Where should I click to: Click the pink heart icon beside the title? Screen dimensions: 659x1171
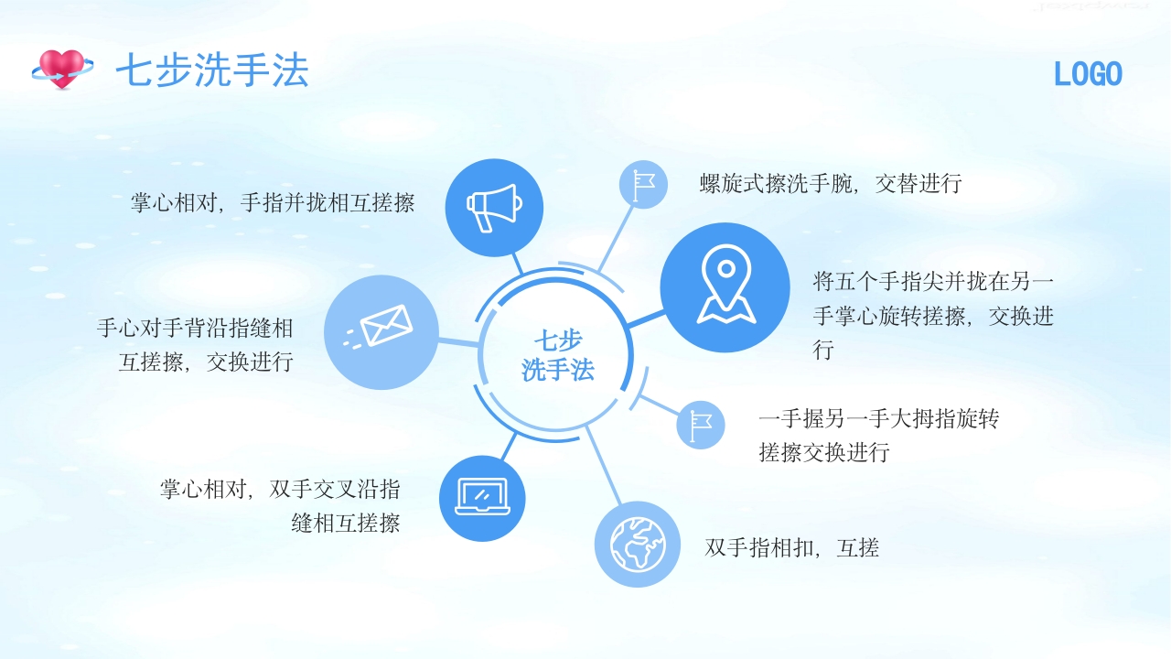[x=62, y=69]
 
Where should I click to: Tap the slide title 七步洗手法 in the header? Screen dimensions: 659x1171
[x=211, y=70]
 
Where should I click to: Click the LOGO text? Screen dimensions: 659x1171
[x=1088, y=74]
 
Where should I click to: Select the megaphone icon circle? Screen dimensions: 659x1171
[x=494, y=208]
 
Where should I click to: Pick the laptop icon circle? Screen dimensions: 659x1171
[x=482, y=498]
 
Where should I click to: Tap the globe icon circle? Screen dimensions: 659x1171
[x=638, y=544]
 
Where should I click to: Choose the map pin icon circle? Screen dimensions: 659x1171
[x=725, y=287]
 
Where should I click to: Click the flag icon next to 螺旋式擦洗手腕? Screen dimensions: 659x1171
[x=644, y=184]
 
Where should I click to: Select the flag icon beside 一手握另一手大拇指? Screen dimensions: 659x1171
[x=701, y=426]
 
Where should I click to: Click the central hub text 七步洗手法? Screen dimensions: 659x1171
[x=558, y=355]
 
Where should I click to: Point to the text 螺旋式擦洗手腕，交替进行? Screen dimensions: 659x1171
[x=831, y=183]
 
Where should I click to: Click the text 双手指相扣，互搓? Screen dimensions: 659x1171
[x=792, y=548]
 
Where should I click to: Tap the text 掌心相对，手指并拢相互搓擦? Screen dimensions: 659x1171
[x=273, y=202]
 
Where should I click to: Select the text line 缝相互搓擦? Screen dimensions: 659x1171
[x=346, y=524]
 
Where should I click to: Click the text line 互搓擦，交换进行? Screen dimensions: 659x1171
[x=206, y=362]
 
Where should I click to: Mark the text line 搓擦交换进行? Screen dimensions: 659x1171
[x=824, y=452]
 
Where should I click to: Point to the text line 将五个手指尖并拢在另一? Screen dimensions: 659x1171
[x=933, y=281]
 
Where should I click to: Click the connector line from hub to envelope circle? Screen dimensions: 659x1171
[x=458, y=342]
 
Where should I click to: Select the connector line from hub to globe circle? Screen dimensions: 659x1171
[x=604, y=467]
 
